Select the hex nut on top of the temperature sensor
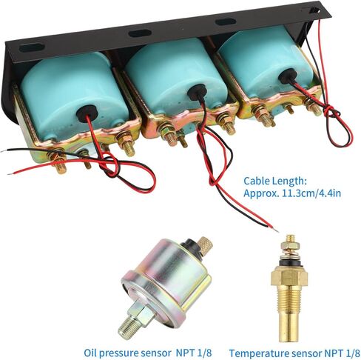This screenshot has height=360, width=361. (290, 245)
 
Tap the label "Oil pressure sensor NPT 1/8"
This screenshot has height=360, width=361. (148, 353)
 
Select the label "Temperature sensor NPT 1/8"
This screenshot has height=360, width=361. (294, 353)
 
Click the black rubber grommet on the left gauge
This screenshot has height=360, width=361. (87, 113)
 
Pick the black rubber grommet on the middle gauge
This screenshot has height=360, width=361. (197, 92)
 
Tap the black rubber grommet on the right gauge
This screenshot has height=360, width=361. (288, 76)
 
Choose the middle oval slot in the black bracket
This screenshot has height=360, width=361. (140, 33)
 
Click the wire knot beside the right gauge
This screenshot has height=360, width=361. (331, 111)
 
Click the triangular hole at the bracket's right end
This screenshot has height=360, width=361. (314, 10)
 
